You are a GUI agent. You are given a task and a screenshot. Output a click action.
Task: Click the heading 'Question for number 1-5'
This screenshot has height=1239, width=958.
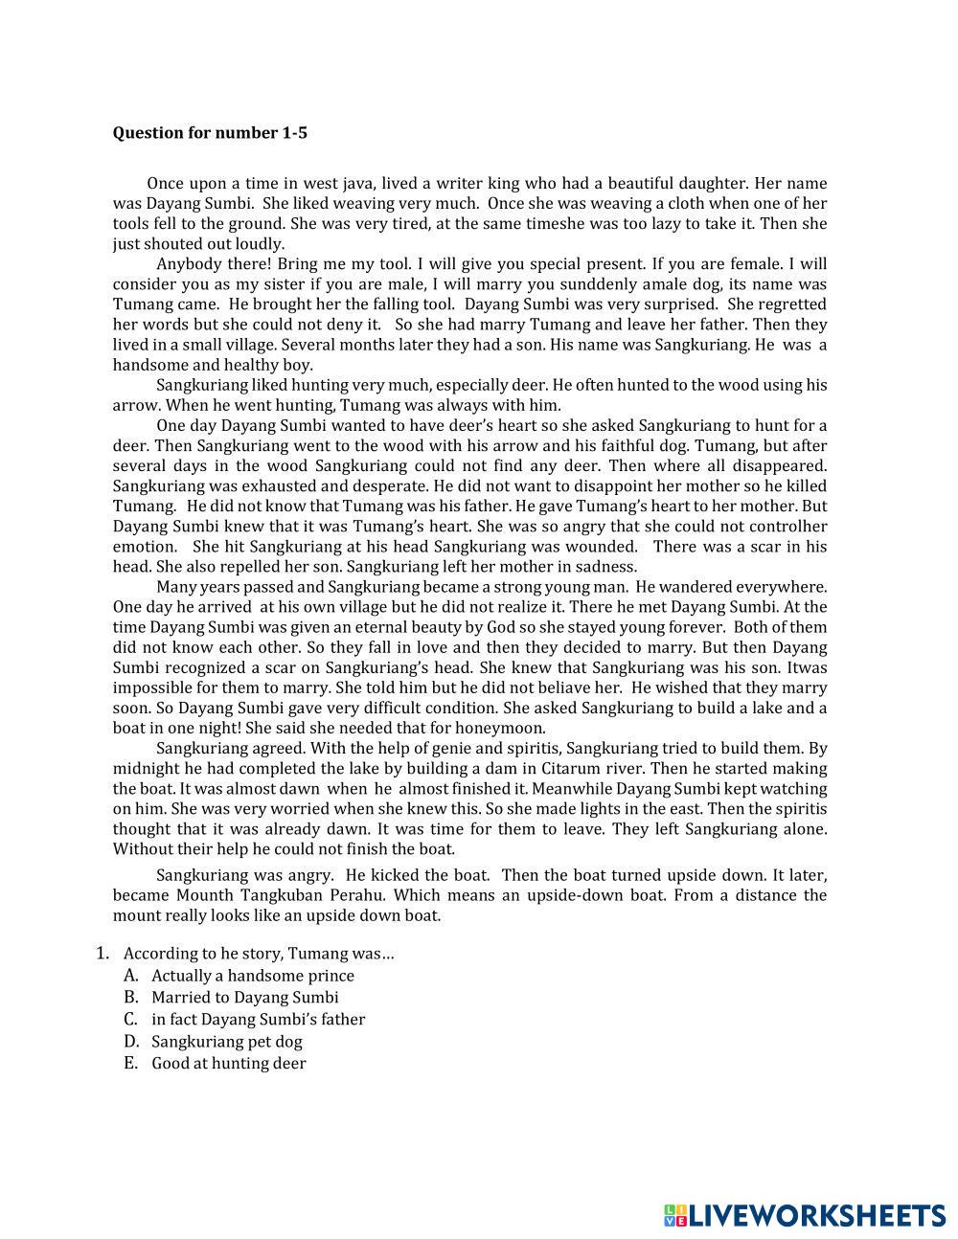210,133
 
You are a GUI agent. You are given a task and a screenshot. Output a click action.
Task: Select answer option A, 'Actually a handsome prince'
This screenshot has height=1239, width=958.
252,976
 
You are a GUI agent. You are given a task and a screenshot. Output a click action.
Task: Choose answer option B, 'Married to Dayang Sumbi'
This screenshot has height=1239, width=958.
244,998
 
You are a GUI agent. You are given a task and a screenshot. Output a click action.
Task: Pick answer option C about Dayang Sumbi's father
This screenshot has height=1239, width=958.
258,1020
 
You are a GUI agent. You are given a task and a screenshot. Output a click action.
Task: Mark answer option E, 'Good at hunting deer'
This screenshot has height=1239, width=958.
228,1064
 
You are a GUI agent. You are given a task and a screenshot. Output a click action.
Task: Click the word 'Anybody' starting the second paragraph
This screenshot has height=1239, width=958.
187,264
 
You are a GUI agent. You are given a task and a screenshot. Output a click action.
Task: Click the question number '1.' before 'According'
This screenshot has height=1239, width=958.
103,954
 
